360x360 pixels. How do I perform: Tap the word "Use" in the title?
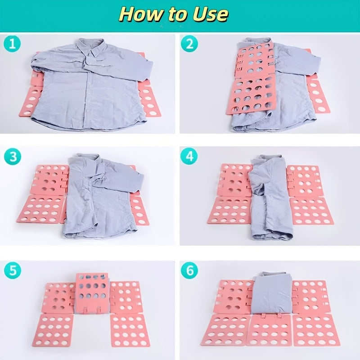click(x=211, y=14)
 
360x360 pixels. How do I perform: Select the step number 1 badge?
click(x=12, y=43)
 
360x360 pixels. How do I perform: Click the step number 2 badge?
click(x=189, y=43)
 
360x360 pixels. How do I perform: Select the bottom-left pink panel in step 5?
click(x=53, y=331)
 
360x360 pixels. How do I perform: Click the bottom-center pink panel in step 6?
click(x=269, y=330)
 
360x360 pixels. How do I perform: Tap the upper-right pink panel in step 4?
click(x=303, y=181)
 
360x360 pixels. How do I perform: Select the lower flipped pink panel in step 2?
click(x=251, y=94)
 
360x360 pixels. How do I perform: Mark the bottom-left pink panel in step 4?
click(x=230, y=211)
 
